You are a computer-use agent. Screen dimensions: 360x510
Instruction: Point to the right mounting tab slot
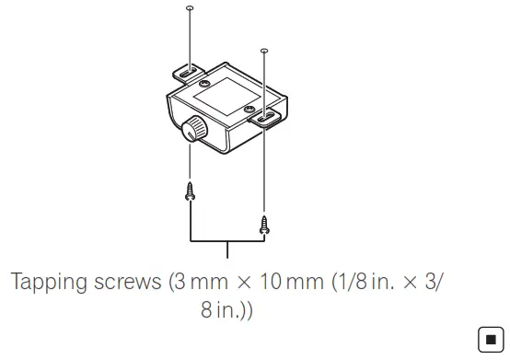(266, 117)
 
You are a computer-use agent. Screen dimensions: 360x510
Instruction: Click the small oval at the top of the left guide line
(189, 7)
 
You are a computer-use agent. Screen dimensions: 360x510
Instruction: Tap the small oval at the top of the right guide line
(265, 51)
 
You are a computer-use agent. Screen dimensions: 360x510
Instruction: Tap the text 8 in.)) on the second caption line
(226, 311)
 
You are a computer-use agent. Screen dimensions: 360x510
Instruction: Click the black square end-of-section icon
(488, 340)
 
